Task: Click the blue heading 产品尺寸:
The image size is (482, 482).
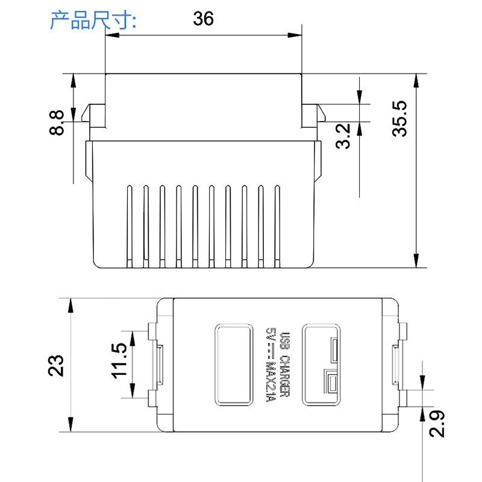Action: (93, 20)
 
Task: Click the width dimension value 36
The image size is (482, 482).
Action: (203, 19)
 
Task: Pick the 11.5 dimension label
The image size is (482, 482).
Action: (119, 361)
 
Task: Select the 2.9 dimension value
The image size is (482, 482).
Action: (438, 424)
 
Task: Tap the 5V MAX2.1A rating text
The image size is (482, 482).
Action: (271, 364)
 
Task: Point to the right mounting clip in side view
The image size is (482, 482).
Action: (312, 114)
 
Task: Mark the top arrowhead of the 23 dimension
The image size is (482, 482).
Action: (72, 305)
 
